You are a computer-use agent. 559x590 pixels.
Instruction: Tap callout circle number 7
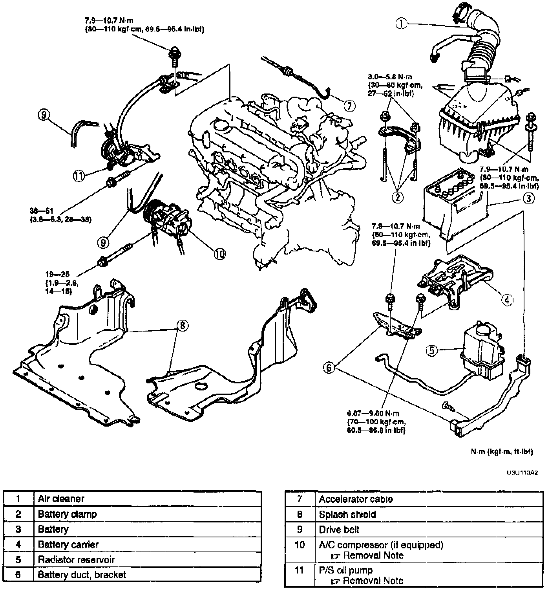pos(349,105)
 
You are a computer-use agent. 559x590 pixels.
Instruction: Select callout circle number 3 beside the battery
pos(529,199)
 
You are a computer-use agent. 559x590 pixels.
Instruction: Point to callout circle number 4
pos(507,300)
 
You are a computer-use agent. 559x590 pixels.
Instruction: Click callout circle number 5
pos(432,350)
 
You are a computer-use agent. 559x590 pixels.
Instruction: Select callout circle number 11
pos(79,176)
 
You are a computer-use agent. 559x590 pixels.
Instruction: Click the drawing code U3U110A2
pos(522,473)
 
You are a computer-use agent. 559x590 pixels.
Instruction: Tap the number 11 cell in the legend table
pos(300,570)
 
